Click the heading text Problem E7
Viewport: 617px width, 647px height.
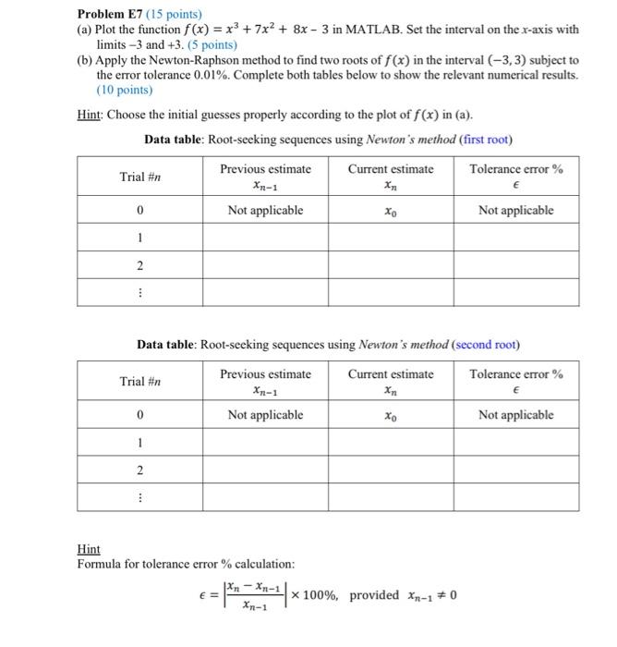112,13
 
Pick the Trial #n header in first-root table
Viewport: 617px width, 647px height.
139,177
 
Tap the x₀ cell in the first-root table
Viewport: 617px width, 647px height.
390,211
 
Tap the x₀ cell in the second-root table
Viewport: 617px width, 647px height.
390,416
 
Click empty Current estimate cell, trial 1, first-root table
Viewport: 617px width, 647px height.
390,238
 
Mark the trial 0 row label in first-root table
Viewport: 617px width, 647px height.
139,211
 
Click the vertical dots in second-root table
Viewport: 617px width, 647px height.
139,498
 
